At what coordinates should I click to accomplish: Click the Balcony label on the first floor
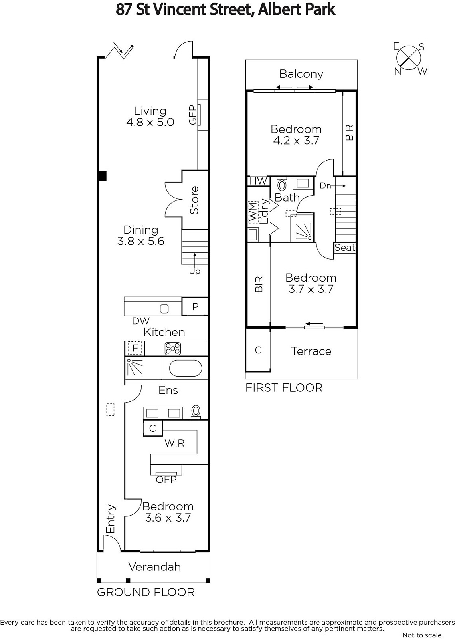point(301,74)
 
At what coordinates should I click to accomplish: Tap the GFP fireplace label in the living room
point(193,115)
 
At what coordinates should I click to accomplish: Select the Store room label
point(194,200)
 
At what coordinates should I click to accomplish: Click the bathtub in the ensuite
point(186,368)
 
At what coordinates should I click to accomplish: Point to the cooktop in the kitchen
point(173,348)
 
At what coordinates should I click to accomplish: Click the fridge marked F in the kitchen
point(135,348)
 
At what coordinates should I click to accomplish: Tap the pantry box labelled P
point(195,306)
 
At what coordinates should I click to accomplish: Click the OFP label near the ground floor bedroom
point(166,480)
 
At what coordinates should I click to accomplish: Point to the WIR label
point(174,443)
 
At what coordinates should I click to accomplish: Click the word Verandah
point(154,567)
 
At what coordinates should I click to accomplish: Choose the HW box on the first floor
point(258,181)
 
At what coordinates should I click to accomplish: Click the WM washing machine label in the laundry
point(253,212)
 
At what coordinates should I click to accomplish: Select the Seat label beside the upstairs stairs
point(345,247)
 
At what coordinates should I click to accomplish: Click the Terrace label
point(311,351)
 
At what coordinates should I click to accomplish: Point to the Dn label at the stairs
point(325,186)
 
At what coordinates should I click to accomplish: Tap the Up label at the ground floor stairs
point(194,271)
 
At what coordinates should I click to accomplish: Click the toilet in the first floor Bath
point(282,184)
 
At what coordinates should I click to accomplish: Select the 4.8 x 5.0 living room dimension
point(150,122)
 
